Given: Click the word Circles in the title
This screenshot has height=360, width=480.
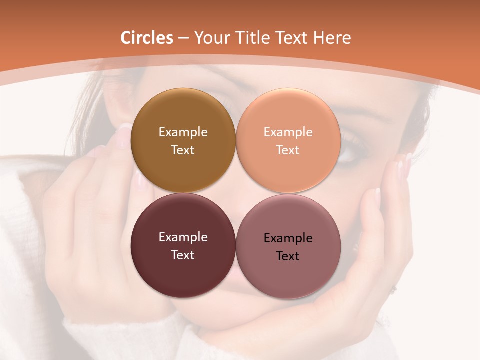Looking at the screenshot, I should tap(147, 38).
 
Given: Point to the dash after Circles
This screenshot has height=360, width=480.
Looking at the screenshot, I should tap(183, 38).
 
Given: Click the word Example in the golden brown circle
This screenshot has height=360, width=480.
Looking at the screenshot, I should tap(183, 132).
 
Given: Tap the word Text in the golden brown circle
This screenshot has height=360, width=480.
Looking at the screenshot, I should tap(183, 150).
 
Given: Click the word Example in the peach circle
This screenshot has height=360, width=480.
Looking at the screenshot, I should tap(288, 132).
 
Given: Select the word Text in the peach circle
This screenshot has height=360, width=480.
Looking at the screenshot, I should tap(288, 150).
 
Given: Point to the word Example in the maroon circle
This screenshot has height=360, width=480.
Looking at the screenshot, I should tap(183, 237).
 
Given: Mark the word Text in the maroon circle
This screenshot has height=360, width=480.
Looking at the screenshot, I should tap(183, 255).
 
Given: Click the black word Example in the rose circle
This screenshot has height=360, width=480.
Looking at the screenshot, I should tap(288, 238).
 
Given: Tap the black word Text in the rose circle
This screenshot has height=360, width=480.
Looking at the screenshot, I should tap(288, 256).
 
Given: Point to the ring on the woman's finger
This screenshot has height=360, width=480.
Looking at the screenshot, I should tap(394, 288).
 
